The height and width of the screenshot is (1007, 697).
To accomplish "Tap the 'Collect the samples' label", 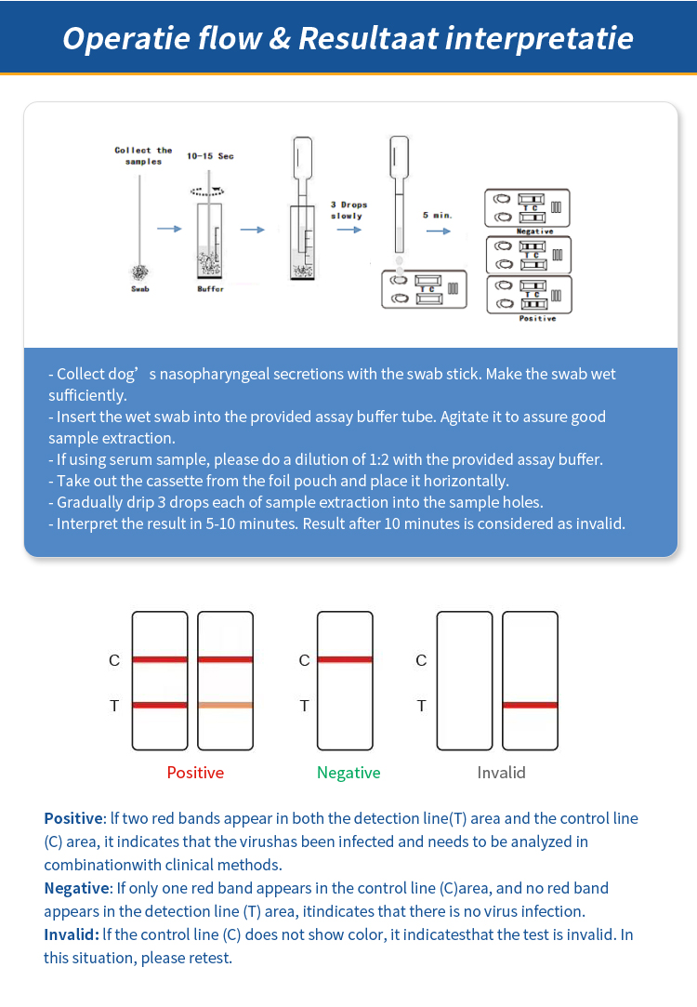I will [x=143, y=155].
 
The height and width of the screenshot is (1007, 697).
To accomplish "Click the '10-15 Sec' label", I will [x=210, y=156].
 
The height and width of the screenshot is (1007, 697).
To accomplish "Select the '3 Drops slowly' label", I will [x=348, y=210].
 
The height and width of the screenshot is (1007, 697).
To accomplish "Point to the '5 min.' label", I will [x=437, y=215].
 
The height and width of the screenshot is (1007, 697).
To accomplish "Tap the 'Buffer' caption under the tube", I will [x=210, y=289].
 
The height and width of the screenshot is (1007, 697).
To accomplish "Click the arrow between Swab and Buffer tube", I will [x=169, y=229].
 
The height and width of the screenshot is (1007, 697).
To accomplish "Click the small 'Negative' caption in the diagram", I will [x=534, y=232].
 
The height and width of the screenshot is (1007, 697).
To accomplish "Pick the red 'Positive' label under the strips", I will [x=195, y=773].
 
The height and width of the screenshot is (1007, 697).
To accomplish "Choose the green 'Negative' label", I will [x=348, y=773].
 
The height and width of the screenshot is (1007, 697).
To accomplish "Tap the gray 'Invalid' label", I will [x=501, y=773].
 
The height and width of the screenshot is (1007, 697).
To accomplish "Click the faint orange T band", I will [x=225, y=705].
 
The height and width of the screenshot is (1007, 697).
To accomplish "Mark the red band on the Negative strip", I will [x=345, y=659].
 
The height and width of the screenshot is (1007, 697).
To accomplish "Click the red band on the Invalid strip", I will [x=530, y=705].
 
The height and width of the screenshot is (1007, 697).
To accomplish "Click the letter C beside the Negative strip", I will [x=304, y=660].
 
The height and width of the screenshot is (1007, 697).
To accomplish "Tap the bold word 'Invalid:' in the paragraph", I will [x=71, y=934].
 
